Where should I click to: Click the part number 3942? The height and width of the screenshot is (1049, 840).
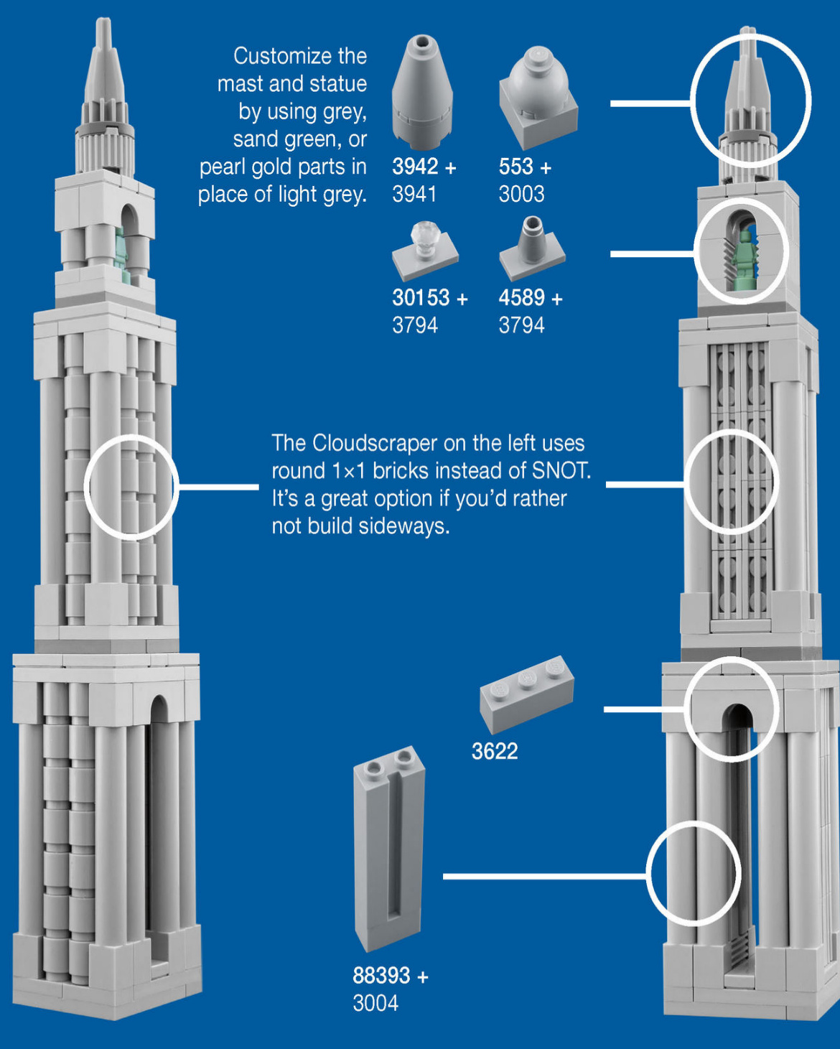tap(415, 167)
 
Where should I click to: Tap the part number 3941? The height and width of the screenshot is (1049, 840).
tap(414, 194)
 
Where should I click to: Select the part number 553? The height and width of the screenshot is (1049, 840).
tap(515, 167)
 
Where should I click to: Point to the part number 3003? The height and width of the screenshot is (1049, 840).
tap(521, 194)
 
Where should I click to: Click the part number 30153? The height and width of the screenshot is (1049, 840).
tap(421, 297)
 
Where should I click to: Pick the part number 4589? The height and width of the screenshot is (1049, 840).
tap(521, 297)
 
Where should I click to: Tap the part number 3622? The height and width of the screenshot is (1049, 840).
tap(495, 751)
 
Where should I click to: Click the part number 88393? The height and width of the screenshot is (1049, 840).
tap(381, 975)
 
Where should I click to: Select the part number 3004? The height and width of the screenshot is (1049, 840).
tap(375, 1002)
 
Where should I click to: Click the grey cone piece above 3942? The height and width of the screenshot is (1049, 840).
tap(422, 88)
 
